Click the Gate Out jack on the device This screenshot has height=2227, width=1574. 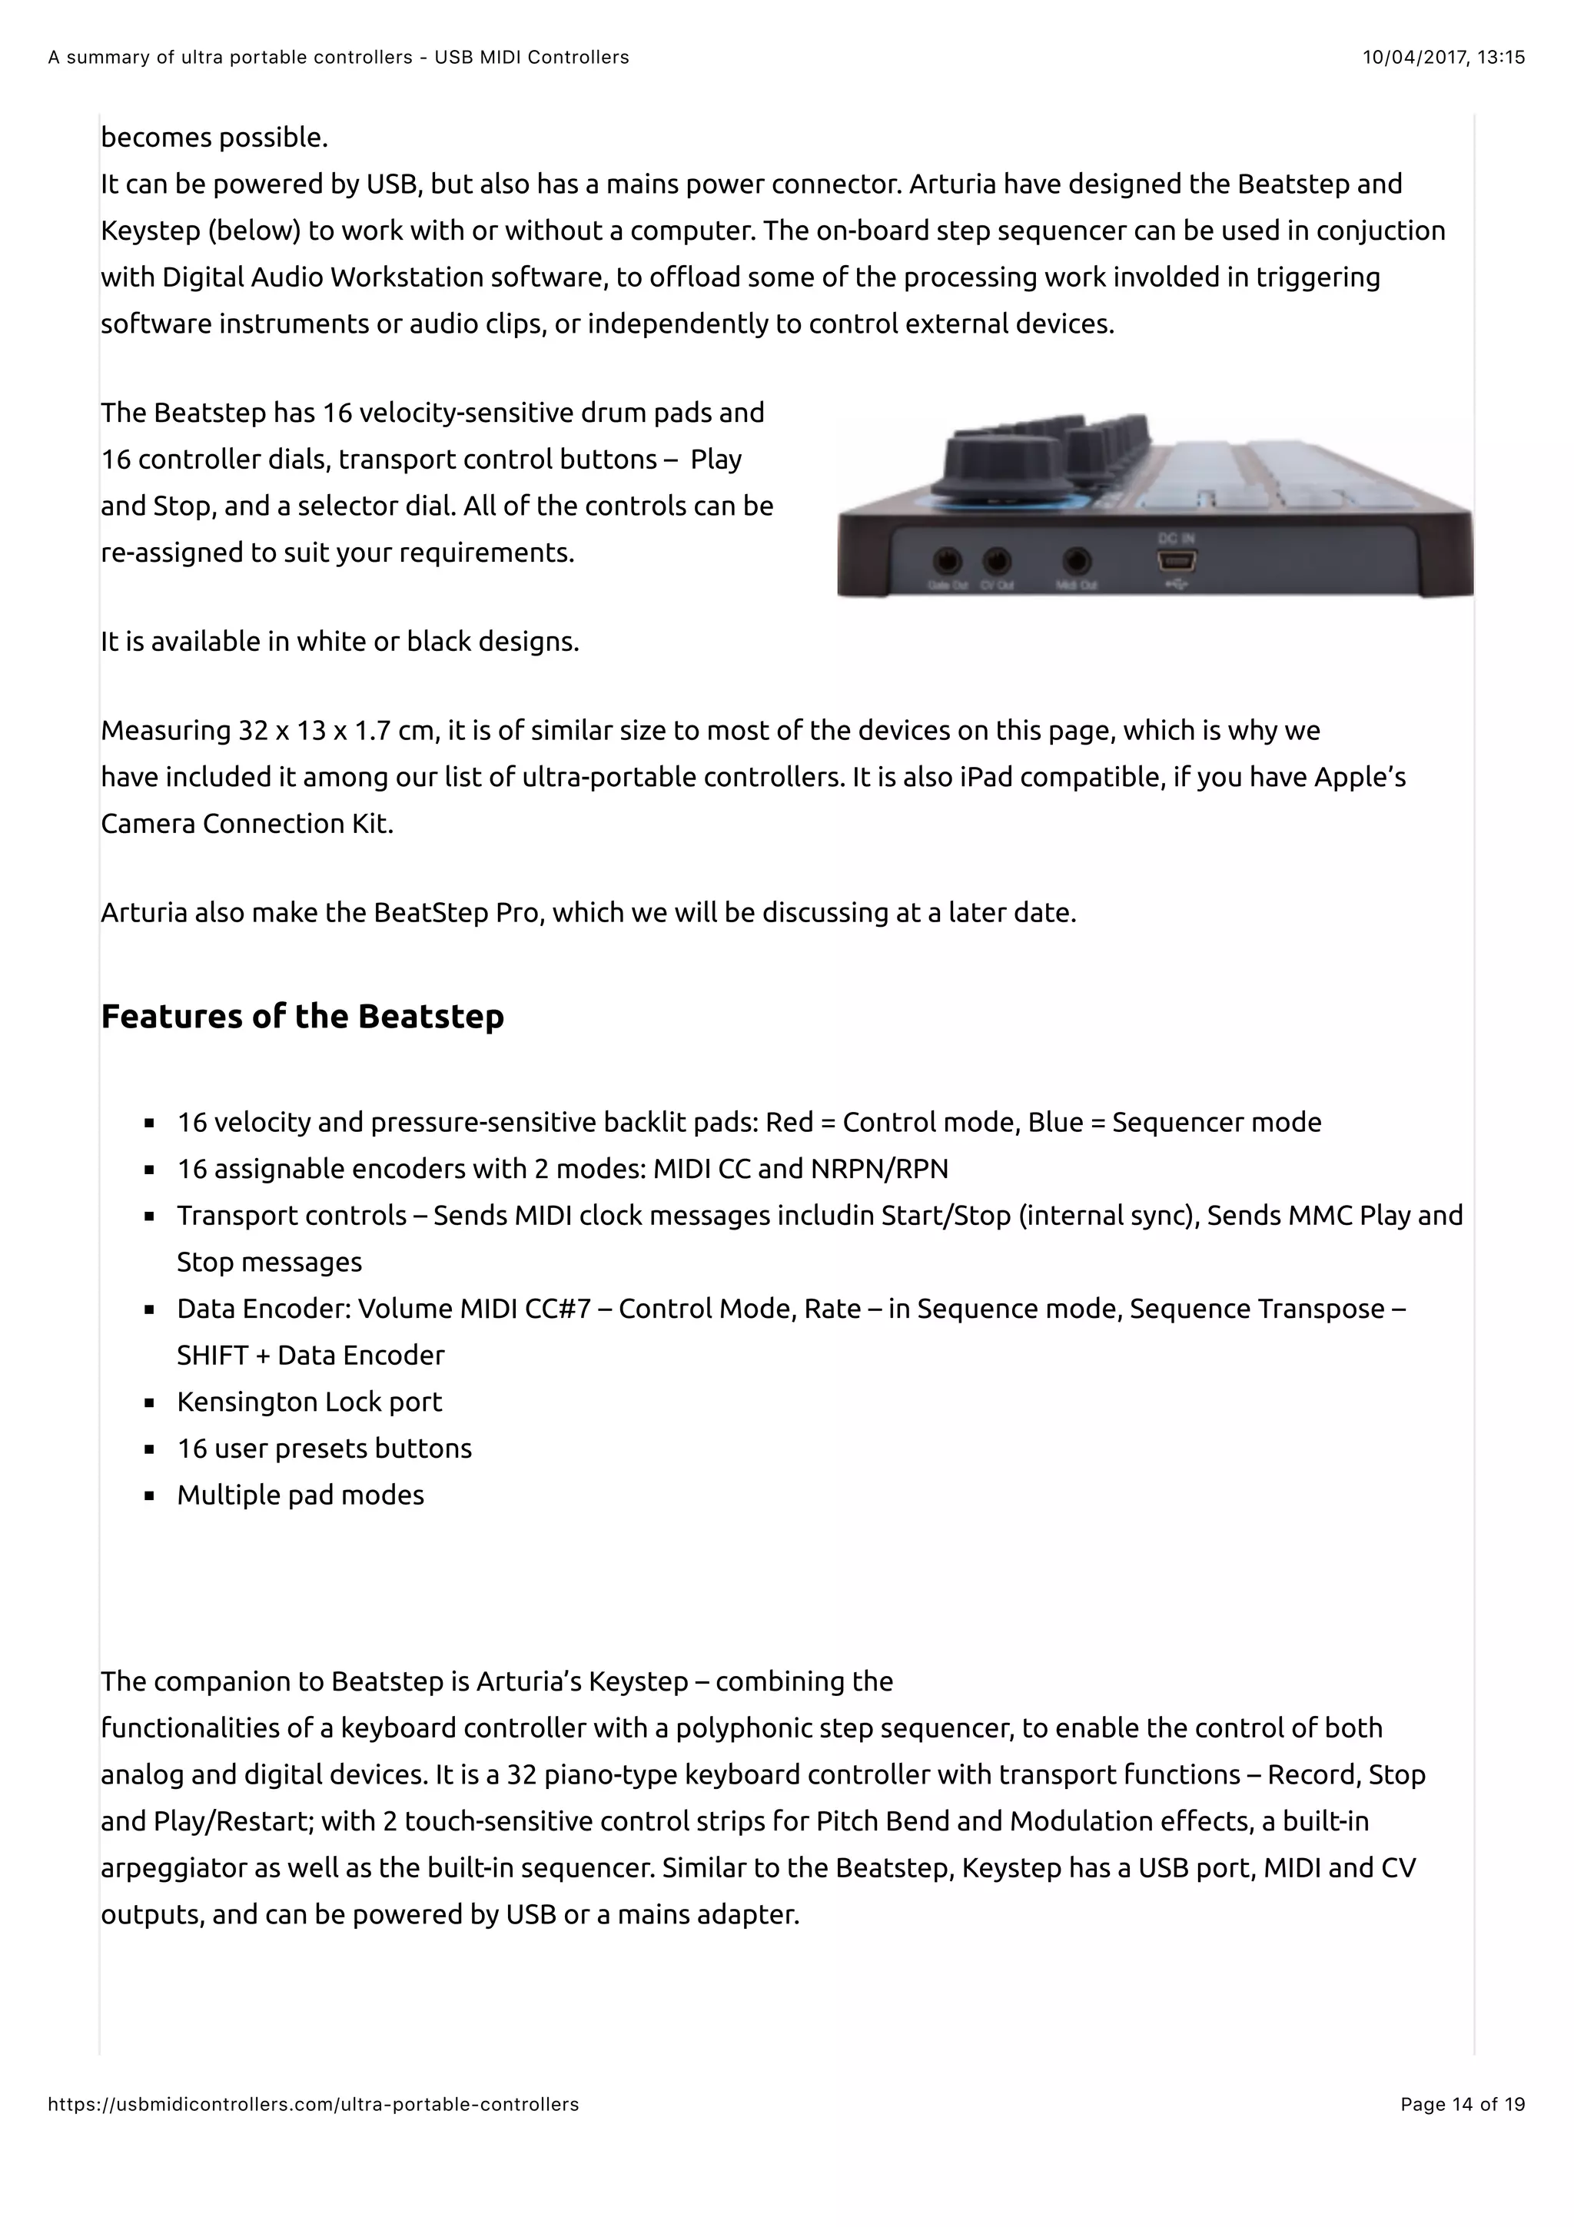coord(947,561)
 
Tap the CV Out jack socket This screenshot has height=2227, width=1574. coord(996,561)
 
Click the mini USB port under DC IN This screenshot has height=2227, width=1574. coord(1177,561)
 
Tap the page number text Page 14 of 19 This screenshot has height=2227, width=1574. coord(1462,2104)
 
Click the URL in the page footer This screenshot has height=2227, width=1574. coord(314,2104)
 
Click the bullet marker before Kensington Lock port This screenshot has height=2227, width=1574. coord(149,1402)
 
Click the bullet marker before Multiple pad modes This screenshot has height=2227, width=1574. coord(149,1495)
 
